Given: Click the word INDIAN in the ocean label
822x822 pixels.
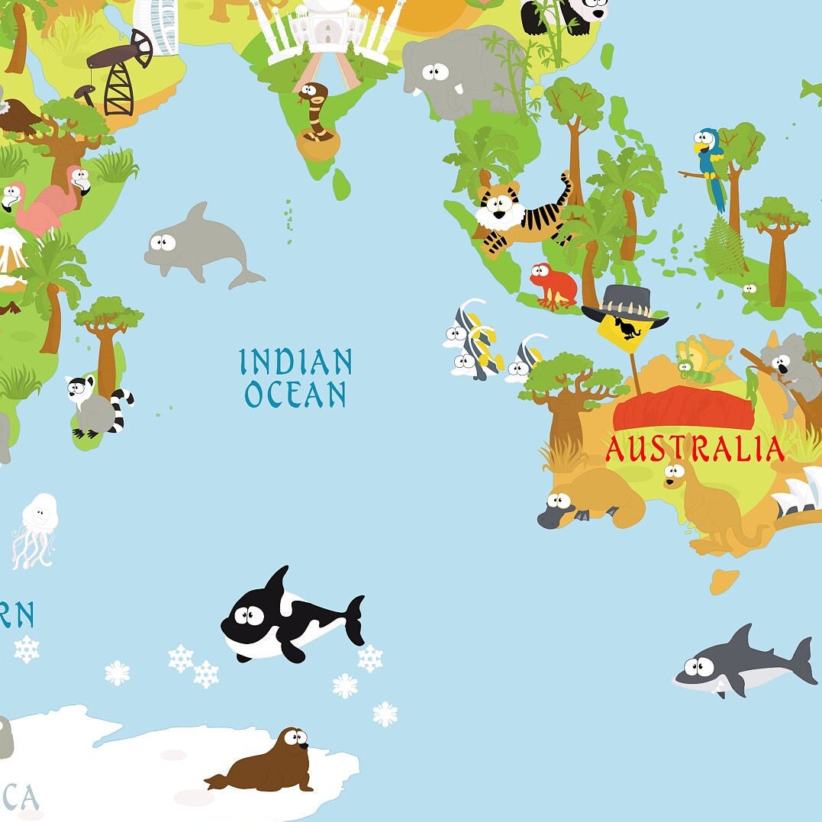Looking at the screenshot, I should [x=295, y=362].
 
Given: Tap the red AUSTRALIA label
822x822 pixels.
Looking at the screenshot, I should [x=695, y=449].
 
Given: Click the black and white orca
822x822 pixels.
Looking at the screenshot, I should [x=290, y=617].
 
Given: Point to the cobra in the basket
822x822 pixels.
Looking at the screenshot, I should [x=315, y=114].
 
